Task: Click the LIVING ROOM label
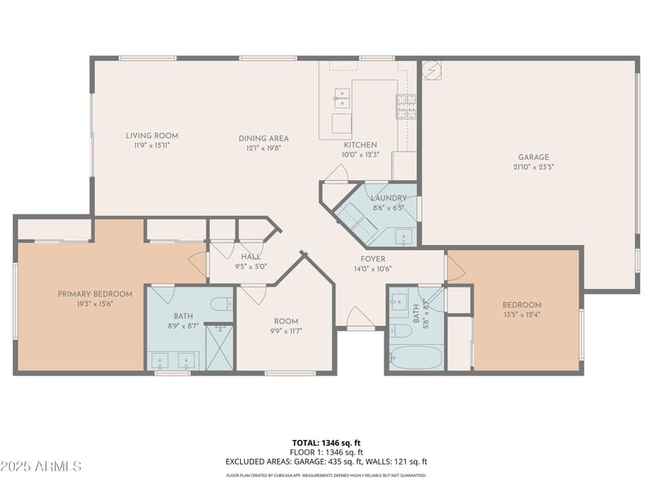point(152,135)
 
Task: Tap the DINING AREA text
point(263,139)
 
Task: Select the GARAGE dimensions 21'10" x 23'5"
point(533,167)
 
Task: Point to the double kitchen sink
point(342,99)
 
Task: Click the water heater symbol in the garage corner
point(431,70)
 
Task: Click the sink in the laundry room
point(404,236)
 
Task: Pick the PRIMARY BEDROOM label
point(95,293)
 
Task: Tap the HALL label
point(251,257)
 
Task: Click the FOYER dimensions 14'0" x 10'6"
point(372,268)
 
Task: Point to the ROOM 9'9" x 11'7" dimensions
point(286,331)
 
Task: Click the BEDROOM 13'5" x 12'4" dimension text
point(522,315)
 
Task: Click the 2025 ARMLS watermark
point(41,466)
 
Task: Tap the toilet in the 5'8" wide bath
point(400,330)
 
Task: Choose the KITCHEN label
point(360,144)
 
